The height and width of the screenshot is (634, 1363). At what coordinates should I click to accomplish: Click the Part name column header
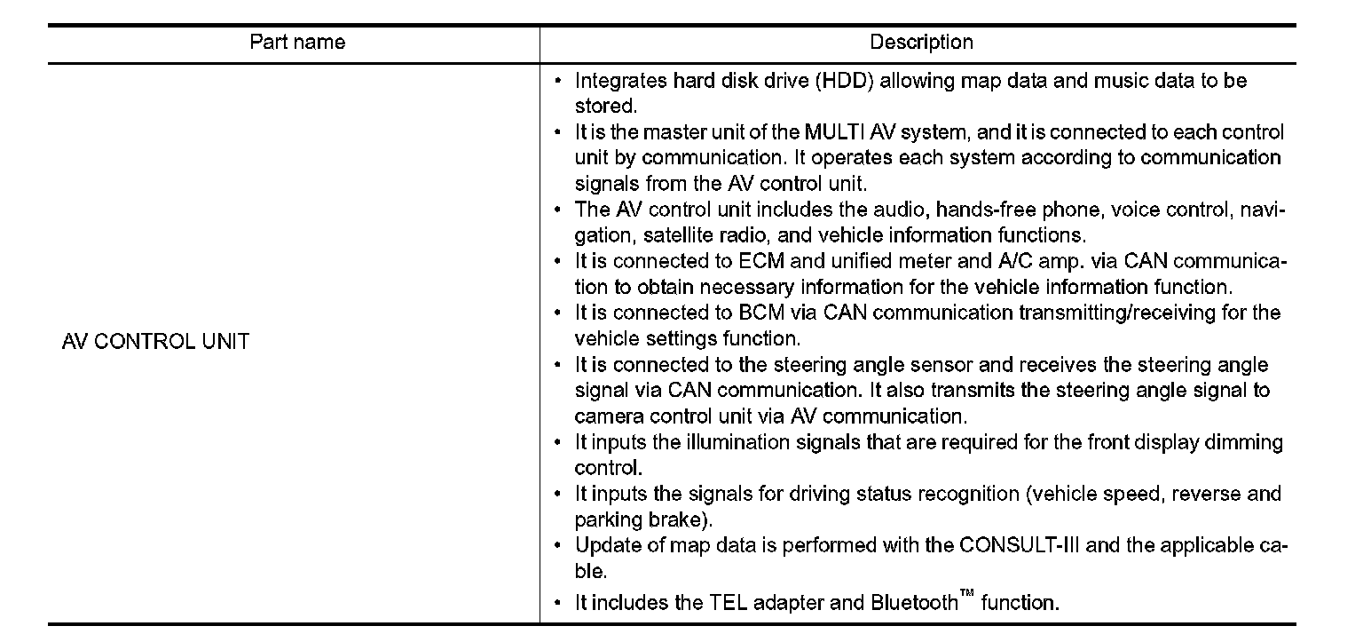click(x=296, y=43)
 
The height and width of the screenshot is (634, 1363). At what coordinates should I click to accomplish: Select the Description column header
click(x=920, y=43)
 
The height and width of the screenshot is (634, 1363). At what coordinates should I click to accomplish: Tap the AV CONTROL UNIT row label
click(x=155, y=342)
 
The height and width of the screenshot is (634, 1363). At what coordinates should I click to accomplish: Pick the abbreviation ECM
click(x=761, y=262)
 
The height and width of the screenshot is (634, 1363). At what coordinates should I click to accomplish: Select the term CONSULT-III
click(x=1020, y=545)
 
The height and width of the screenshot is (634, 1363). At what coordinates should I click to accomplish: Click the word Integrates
click(x=621, y=82)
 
